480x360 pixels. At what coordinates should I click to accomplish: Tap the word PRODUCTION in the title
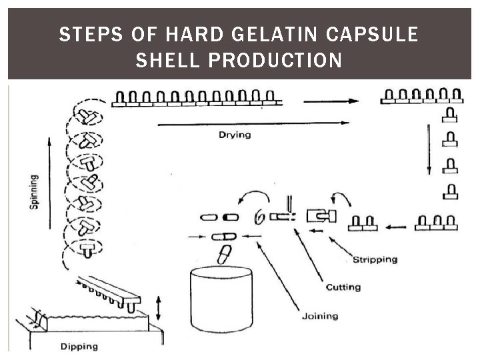[x=276, y=61]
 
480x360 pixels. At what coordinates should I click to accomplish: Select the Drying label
[x=235, y=135]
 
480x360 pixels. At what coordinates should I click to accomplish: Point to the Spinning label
[x=34, y=193]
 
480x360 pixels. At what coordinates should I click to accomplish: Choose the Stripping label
[x=374, y=259]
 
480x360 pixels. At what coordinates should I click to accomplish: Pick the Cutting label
[x=343, y=287]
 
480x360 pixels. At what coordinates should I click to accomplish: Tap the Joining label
[x=319, y=316]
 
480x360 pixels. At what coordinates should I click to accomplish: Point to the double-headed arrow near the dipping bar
[x=158, y=307]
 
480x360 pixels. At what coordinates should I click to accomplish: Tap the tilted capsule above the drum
[x=225, y=255]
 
